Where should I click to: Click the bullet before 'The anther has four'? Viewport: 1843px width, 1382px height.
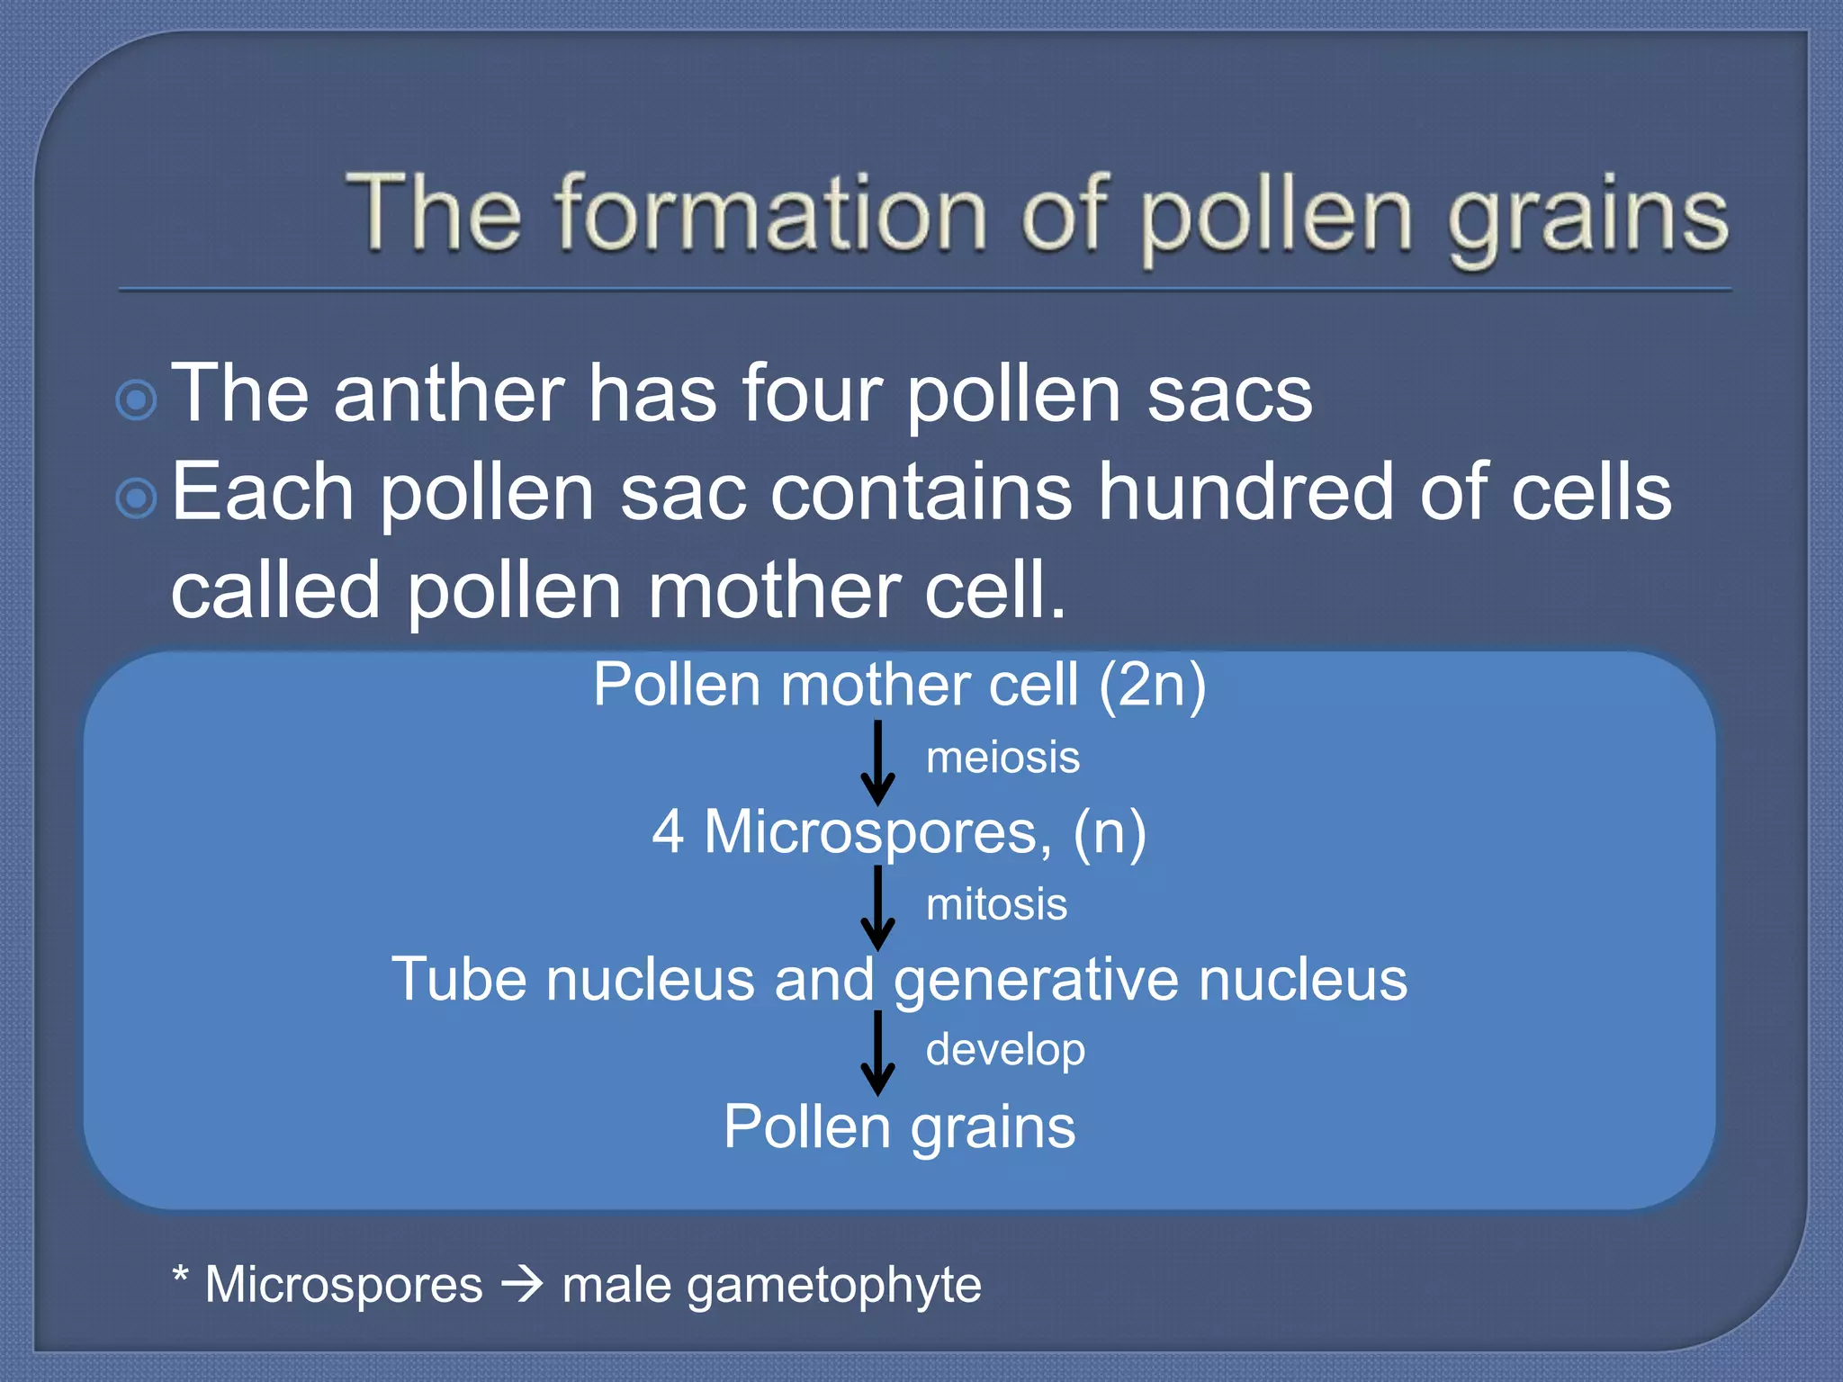click(x=137, y=400)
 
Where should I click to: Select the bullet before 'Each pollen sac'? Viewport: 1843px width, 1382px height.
click(x=137, y=498)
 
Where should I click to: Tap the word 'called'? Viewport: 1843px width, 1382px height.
click(x=275, y=590)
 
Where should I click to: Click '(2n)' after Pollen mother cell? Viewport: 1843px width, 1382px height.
click(x=1152, y=686)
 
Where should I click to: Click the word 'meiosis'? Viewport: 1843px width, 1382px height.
click(x=1002, y=758)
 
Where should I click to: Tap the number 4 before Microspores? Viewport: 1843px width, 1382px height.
click(x=668, y=831)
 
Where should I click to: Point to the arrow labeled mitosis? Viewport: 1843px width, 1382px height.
click(x=877, y=908)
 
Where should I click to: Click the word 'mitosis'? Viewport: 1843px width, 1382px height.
click(x=996, y=904)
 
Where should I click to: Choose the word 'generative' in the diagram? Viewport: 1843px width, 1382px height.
click(x=1036, y=980)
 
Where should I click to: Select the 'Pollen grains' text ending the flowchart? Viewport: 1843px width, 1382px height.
click(x=899, y=1126)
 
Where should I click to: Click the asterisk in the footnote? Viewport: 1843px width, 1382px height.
click(x=181, y=1275)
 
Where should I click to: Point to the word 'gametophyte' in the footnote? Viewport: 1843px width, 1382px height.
click(x=834, y=1285)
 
